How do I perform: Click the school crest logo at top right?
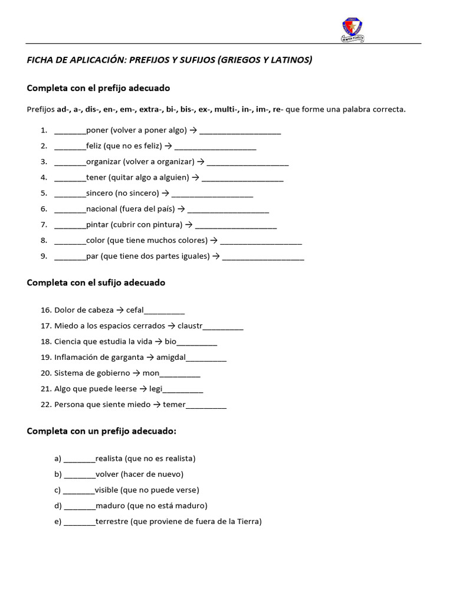[x=353, y=28]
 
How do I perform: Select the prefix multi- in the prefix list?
[x=226, y=109]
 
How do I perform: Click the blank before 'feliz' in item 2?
[x=70, y=146]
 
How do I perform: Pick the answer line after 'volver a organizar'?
[x=248, y=162]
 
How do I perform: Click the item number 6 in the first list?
[x=44, y=209]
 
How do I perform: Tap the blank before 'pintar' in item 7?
[x=70, y=225]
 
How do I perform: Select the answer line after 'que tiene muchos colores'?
[x=261, y=241]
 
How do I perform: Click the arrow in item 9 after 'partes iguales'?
[x=216, y=256]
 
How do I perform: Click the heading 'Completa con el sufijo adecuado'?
[x=96, y=283]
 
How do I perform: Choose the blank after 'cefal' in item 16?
[x=164, y=310]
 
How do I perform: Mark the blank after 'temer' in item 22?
[x=206, y=405]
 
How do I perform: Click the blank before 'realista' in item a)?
[x=79, y=458]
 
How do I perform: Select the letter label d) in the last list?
[x=58, y=506]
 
